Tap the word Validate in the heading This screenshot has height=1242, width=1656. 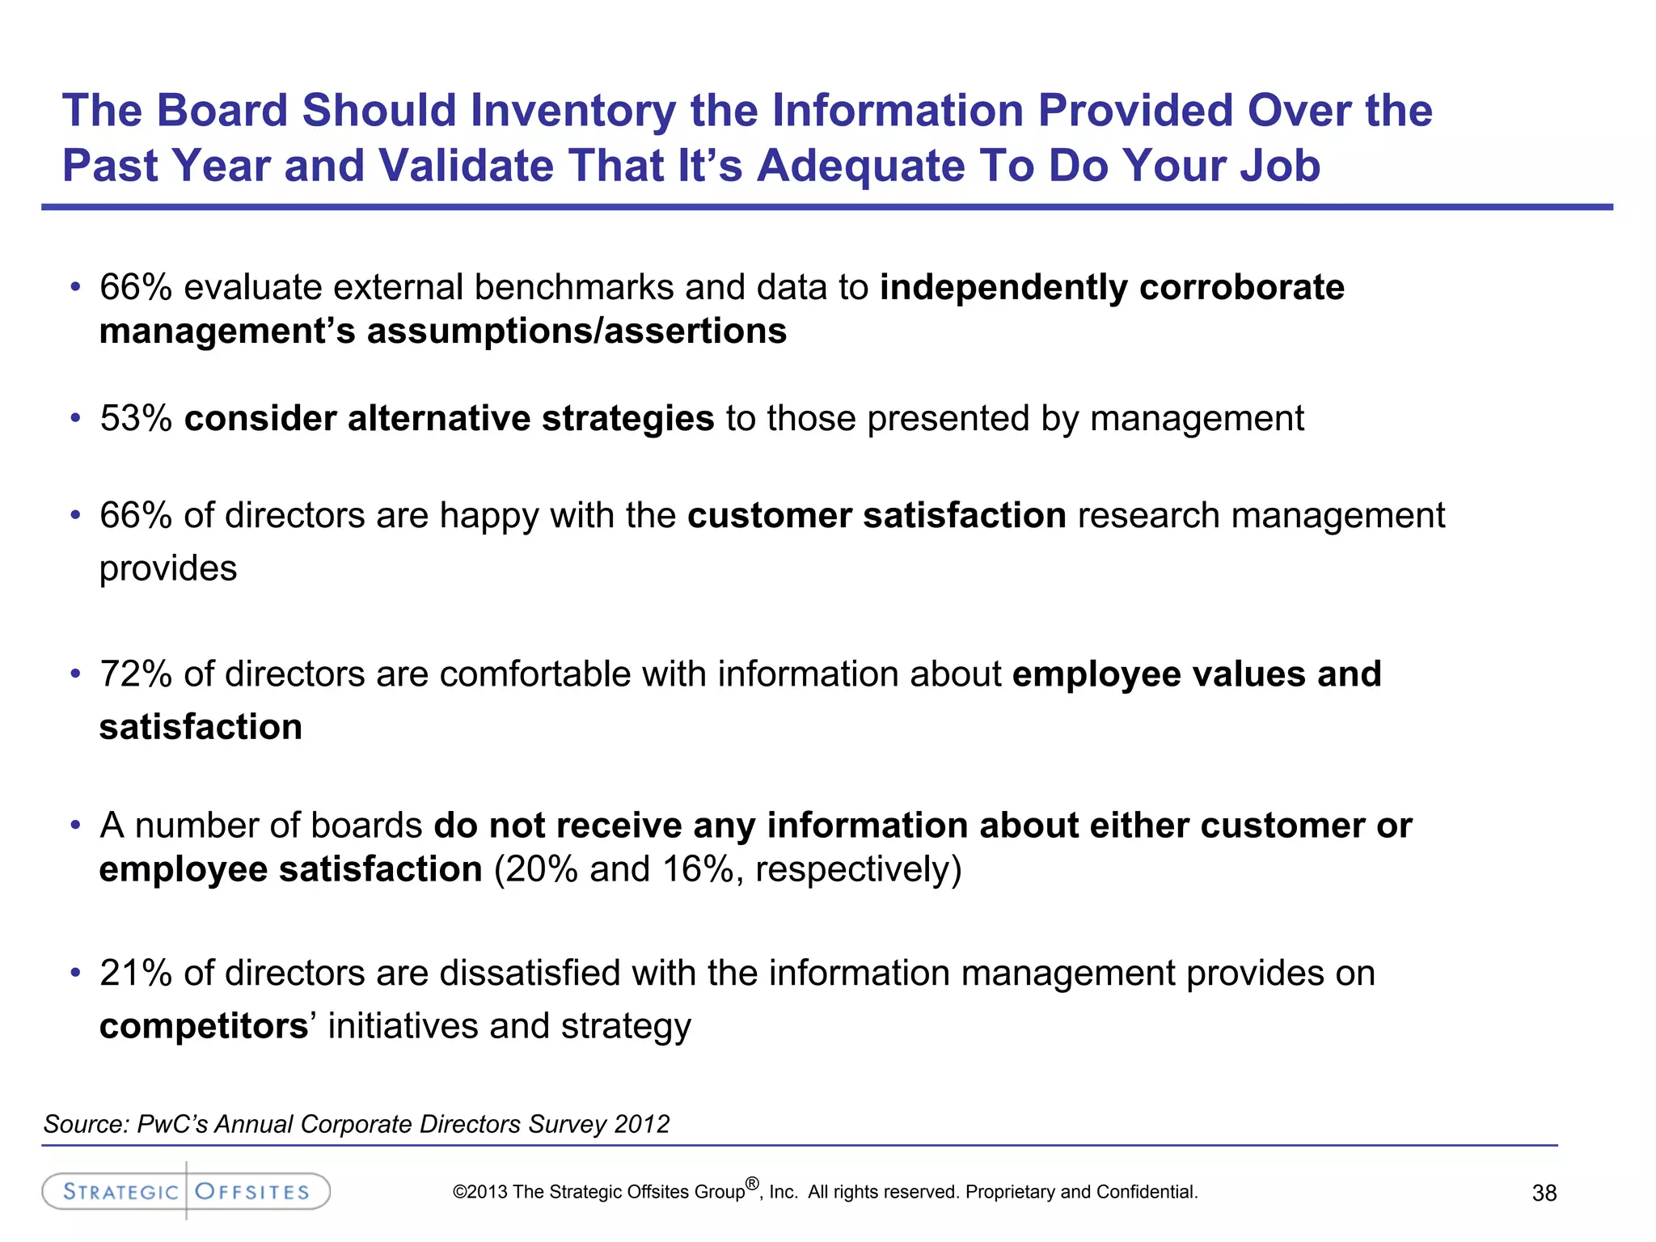click(465, 166)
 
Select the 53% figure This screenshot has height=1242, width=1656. click(136, 419)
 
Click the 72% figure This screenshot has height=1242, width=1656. click(136, 674)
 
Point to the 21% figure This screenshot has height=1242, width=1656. click(136, 974)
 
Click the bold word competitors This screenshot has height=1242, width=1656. click(203, 1027)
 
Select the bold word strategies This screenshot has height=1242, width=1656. click(627, 419)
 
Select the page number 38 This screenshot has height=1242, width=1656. click(1544, 1193)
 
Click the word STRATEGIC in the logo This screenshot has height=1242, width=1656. click(120, 1192)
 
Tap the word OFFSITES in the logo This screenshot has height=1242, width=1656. click(252, 1192)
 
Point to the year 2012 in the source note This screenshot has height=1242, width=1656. click(641, 1125)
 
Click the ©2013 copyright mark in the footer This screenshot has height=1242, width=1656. click(480, 1193)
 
